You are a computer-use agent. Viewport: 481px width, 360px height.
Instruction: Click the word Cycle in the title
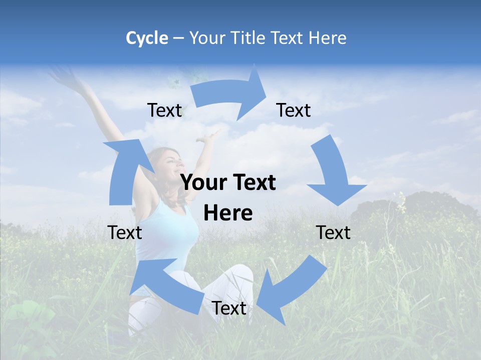click(x=147, y=38)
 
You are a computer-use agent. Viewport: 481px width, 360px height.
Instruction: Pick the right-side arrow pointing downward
click(x=333, y=172)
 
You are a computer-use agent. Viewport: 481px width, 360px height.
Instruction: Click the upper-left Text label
click(x=164, y=110)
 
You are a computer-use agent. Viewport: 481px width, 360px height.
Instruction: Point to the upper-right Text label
click(x=294, y=110)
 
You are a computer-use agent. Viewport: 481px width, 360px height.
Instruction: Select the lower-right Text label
click(x=333, y=232)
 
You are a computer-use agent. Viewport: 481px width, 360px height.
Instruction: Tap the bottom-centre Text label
click(x=229, y=308)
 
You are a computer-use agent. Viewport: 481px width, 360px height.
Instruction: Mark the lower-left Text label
click(x=125, y=232)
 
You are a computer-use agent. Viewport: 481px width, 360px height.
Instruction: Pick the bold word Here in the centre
click(x=228, y=213)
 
